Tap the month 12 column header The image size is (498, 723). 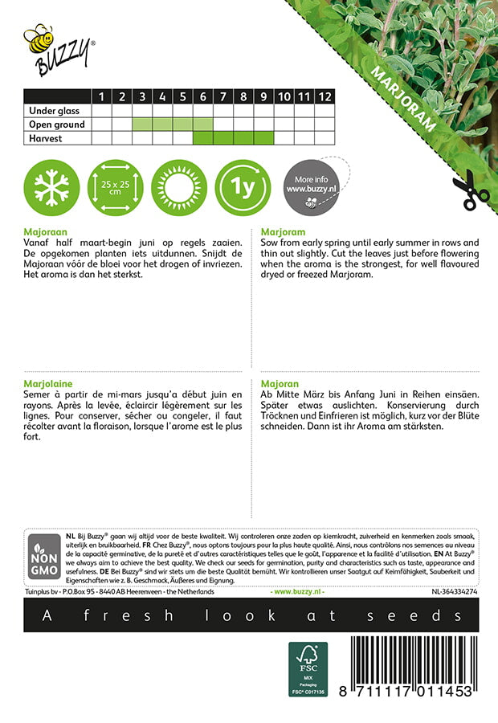[x=324, y=96]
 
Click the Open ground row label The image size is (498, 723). [x=56, y=125]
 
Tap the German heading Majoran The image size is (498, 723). [x=279, y=384]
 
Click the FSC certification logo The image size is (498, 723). [x=308, y=668]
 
